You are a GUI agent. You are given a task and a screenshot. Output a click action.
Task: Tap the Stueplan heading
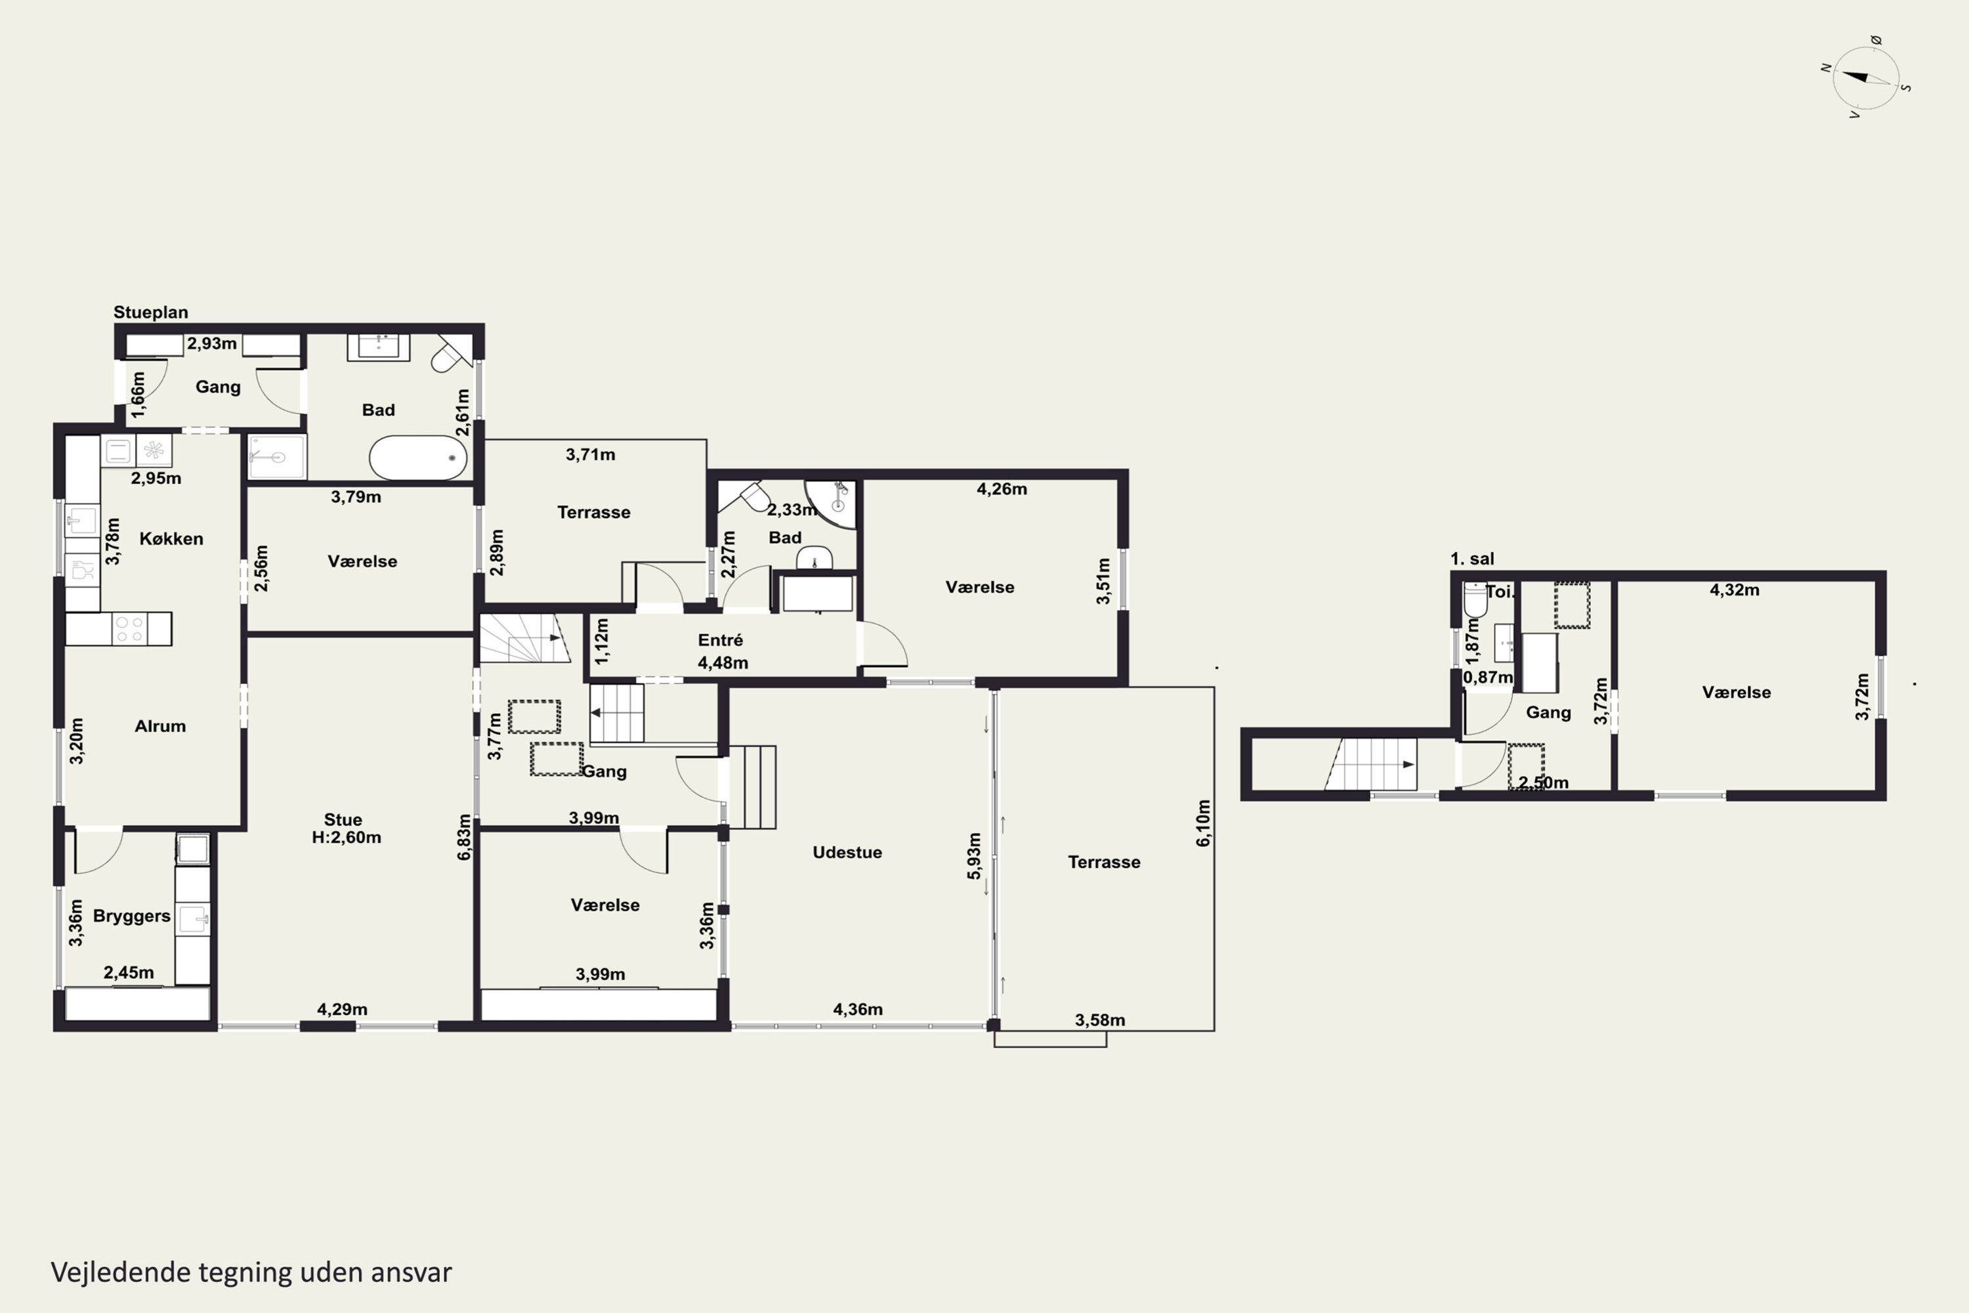[151, 312]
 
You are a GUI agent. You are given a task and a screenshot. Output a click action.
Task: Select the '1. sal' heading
[1471, 559]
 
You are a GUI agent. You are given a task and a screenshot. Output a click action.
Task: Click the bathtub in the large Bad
[417, 457]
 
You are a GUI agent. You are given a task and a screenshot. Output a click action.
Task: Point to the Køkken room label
[171, 538]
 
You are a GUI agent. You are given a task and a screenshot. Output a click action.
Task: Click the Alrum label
[160, 726]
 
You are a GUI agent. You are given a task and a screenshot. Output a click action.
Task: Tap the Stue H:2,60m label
[346, 828]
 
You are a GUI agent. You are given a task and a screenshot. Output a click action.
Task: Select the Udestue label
[847, 852]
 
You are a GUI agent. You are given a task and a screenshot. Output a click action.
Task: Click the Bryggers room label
[131, 916]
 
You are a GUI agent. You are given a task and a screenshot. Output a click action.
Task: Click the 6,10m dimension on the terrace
[1203, 823]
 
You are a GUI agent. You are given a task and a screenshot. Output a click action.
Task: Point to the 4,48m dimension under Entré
[723, 663]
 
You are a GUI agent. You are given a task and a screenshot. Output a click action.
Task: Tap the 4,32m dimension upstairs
[1734, 590]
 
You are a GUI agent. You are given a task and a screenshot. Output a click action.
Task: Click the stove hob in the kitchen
[130, 629]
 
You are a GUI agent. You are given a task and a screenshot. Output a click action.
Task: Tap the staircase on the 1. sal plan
[1370, 764]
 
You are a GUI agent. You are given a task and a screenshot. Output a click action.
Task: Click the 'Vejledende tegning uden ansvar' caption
[251, 1272]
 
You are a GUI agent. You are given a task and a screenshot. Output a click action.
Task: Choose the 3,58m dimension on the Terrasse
[1100, 1020]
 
